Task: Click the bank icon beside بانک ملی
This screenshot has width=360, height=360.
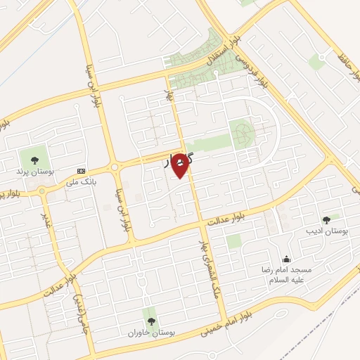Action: coord(81,171)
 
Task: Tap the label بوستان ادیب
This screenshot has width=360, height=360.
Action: coord(326,231)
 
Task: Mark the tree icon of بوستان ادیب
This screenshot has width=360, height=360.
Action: coord(326,220)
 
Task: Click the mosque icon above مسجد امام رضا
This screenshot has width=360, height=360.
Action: coord(285,258)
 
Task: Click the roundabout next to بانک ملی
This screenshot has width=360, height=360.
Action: coord(115,168)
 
